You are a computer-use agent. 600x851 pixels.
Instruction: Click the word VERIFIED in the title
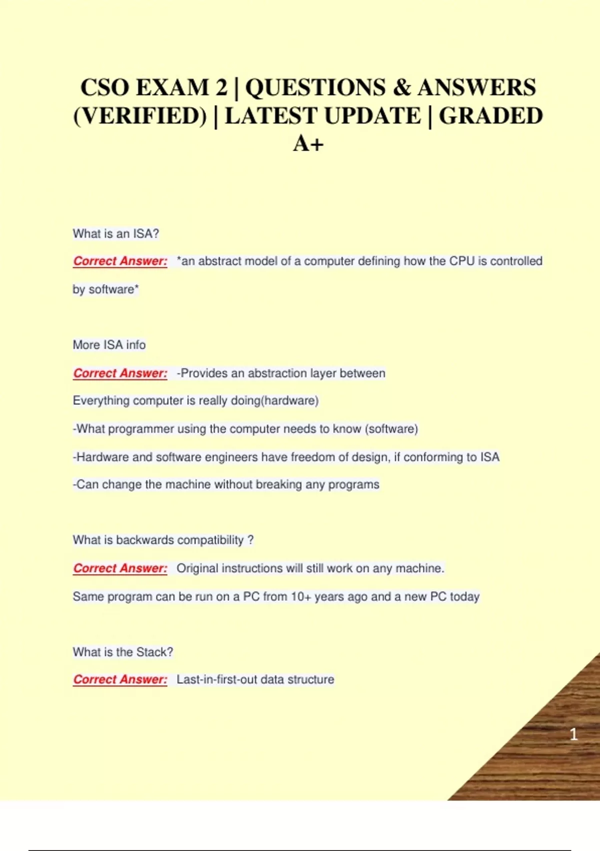(x=140, y=116)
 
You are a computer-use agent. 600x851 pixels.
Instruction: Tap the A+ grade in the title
(x=308, y=144)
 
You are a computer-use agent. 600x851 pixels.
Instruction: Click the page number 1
(x=573, y=734)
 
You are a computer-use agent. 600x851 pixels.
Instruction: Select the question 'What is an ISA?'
(x=115, y=234)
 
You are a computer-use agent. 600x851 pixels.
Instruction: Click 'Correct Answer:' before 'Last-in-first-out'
(x=120, y=679)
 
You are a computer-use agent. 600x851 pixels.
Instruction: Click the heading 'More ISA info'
(x=109, y=345)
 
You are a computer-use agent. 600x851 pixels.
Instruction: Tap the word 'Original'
(x=197, y=569)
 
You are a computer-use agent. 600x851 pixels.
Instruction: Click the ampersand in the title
(x=401, y=88)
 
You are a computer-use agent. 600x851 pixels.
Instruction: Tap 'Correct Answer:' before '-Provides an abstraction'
(x=120, y=373)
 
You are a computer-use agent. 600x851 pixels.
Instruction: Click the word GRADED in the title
(x=490, y=116)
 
